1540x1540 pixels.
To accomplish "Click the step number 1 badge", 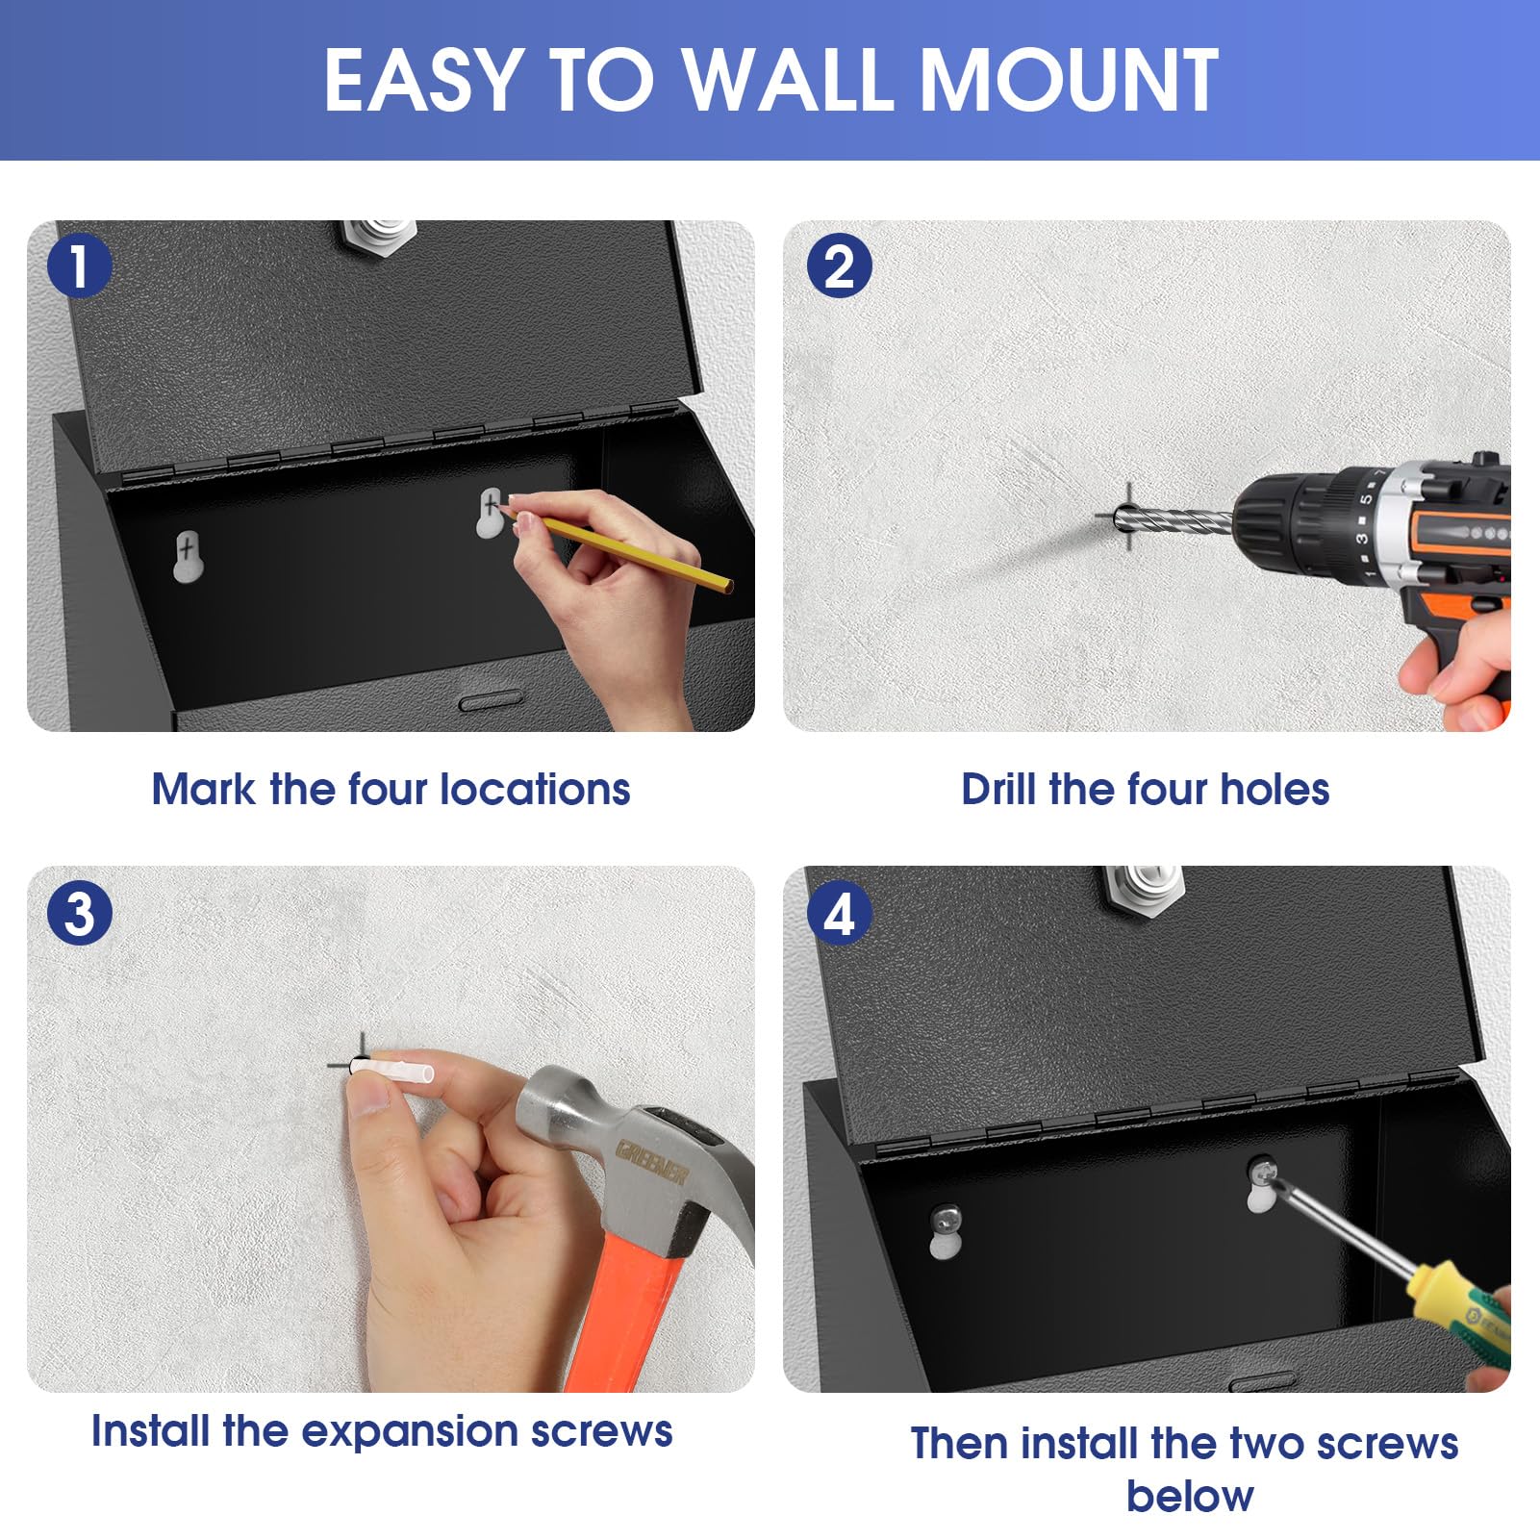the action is [x=79, y=265].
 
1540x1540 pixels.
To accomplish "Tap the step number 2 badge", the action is [x=839, y=265].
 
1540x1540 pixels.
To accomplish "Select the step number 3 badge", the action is [x=79, y=913].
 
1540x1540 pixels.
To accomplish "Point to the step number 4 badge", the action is [x=839, y=913].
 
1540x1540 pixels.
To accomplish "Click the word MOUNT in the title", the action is [x=1070, y=80].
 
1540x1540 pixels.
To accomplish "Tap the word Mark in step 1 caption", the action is [x=204, y=789].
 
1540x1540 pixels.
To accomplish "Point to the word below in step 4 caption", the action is [x=1190, y=1496].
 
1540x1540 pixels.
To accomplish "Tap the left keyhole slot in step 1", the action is [x=189, y=556].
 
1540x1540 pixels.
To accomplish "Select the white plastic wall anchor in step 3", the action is [x=394, y=1070].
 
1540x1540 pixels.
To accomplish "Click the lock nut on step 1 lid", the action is [x=381, y=237].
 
